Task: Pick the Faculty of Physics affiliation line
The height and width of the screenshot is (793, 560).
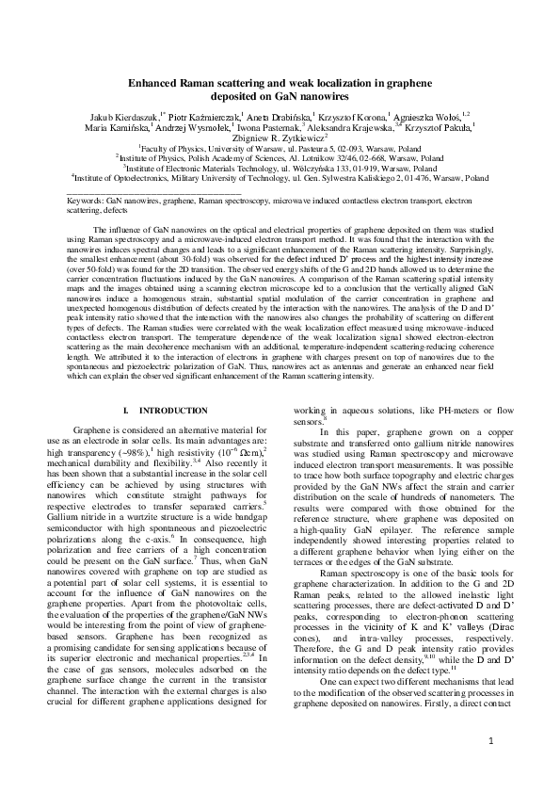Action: click(x=280, y=149)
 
